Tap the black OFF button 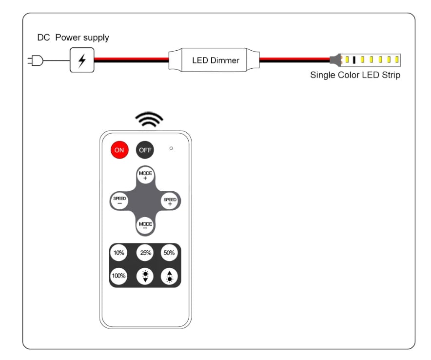[145, 150]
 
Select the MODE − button [145, 225]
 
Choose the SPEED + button [170, 201]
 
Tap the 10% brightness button [119, 253]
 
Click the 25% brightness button [145, 253]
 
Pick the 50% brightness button [169, 253]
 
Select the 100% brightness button [119, 276]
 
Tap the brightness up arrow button [169, 277]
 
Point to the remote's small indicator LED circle [171, 148]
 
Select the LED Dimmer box [215, 60]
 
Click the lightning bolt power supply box [82, 60]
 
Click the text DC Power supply [73, 38]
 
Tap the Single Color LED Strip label [355, 76]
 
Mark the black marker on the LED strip [354, 60]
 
